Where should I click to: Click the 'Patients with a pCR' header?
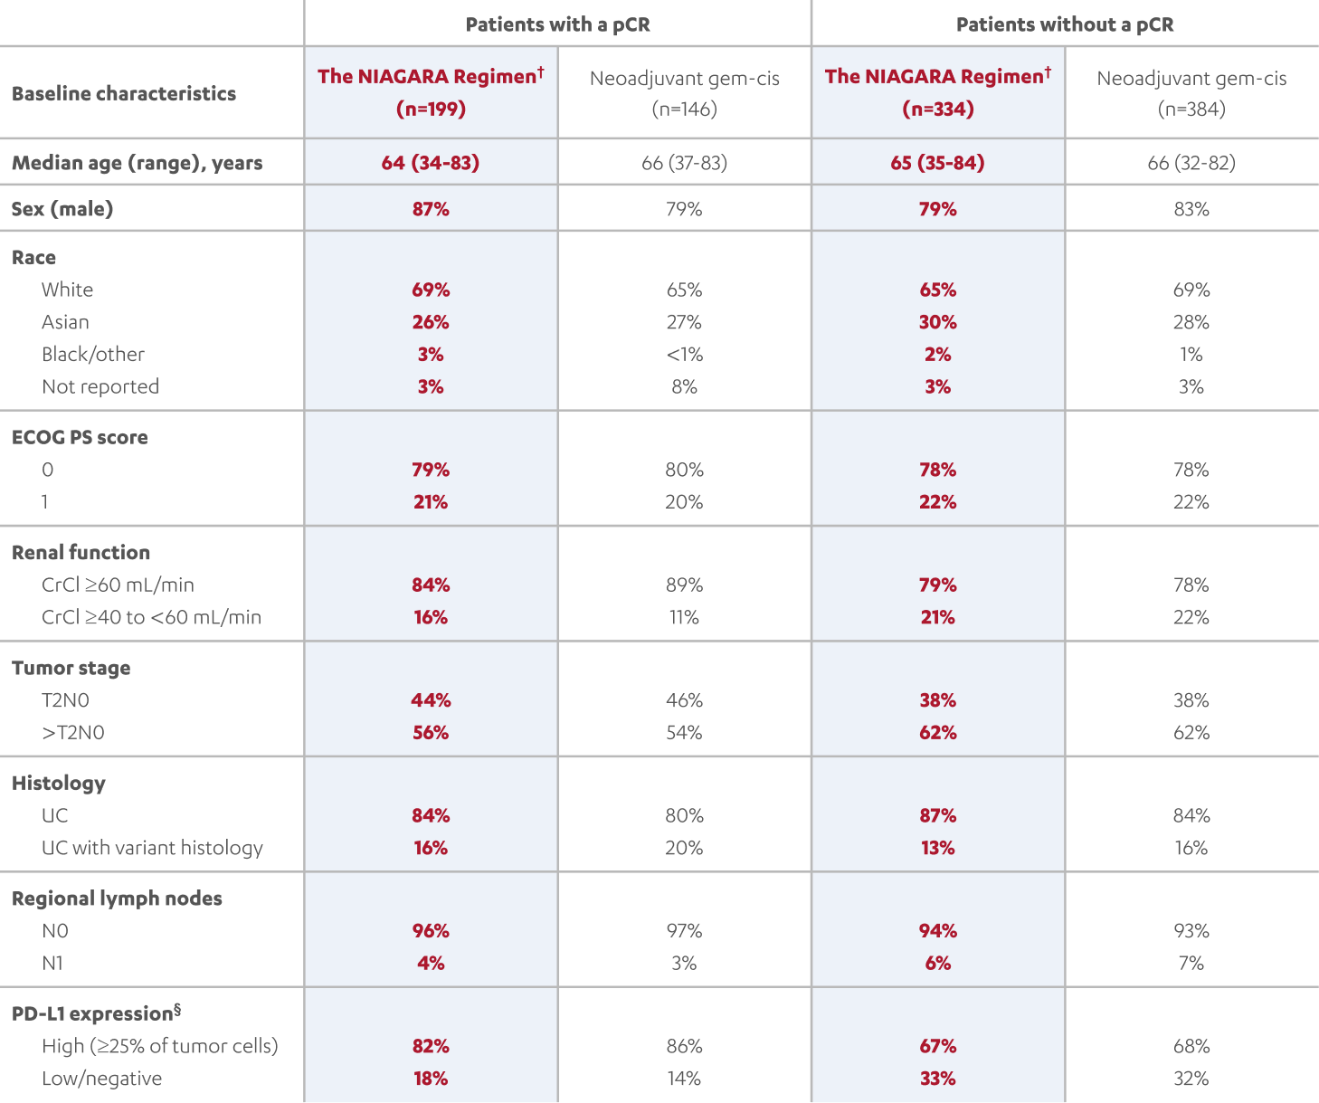coord(557,24)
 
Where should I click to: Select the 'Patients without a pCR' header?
coord(1065,24)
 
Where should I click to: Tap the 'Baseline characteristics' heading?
coord(124,93)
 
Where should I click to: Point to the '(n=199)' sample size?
coord(431,109)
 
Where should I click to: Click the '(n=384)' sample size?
coord(1191,109)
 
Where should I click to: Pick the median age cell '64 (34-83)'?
coord(431,163)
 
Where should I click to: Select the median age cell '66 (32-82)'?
coord(1191,163)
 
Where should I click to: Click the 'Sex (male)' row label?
coord(62,209)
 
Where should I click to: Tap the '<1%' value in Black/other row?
coord(684,355)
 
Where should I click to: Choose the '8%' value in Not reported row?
coord(684,387)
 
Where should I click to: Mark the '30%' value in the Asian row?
coord(938,322)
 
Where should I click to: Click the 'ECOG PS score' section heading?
coord(80,437)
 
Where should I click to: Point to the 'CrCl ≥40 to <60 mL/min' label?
coord(151,617)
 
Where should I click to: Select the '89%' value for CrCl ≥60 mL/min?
coord(684,585)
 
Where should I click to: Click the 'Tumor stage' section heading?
coord(71,668)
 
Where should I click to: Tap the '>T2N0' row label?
coord(73,733)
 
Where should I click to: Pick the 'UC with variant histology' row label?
coord(152,848)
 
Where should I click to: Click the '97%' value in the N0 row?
coord(684,931)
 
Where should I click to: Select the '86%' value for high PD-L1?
coord(684,1046)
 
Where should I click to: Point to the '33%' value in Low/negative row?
coord(938,1079)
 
